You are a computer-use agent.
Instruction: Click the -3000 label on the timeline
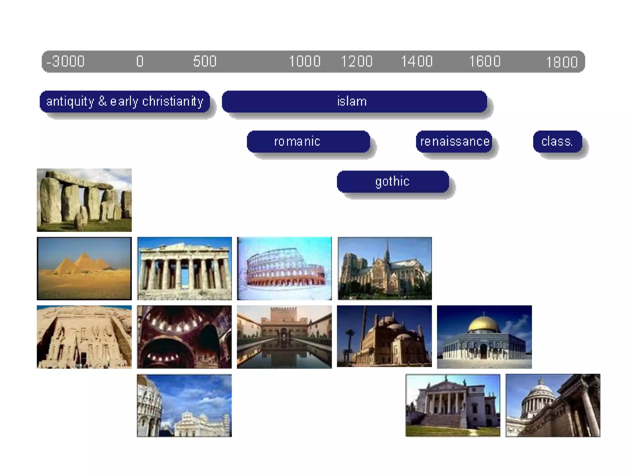coord(65,61)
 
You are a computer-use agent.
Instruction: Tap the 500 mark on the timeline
coord(205,61)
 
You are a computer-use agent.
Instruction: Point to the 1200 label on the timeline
coord(356,61)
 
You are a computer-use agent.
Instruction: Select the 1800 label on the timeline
coord(562,62)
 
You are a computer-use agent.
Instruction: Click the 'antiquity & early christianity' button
coord(125,101)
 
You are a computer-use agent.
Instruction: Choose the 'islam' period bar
coord(354,101)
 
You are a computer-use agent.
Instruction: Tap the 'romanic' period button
coord(308,141)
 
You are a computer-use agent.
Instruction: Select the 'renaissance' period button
coord(454,141)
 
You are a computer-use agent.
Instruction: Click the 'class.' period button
coord(557,141)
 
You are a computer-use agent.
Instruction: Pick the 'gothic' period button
coord(393,181)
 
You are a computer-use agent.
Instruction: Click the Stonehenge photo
coord(84,200)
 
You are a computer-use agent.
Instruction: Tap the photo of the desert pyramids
coord(84,268)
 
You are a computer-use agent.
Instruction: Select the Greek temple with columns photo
coord(184,268)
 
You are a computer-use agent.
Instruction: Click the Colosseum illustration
coord(284,268)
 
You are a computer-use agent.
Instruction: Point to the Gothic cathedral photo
coord(385,268)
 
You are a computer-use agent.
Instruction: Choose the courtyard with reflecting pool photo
coord(284,337)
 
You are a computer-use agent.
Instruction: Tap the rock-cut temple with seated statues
coord(84,337)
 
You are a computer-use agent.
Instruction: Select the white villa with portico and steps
coord(453,405)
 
